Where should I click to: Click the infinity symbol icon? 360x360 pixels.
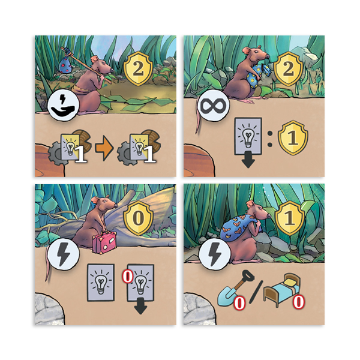tap(213, 106)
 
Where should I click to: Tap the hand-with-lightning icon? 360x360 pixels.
tap(64, 106)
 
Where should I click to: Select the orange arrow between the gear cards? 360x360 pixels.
tap(104, 148)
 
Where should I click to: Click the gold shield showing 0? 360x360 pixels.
tap(138, 218)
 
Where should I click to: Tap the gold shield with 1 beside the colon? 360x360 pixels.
tap(293, 138)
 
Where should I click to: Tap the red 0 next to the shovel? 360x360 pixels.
tap(239, 303)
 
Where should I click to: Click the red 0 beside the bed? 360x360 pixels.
tap(298, 301)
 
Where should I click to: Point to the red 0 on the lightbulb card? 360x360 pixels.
tap(128, 277)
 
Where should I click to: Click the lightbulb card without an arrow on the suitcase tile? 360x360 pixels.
tap(101, 282)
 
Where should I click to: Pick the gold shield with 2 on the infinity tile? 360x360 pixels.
tap(288, 68)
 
